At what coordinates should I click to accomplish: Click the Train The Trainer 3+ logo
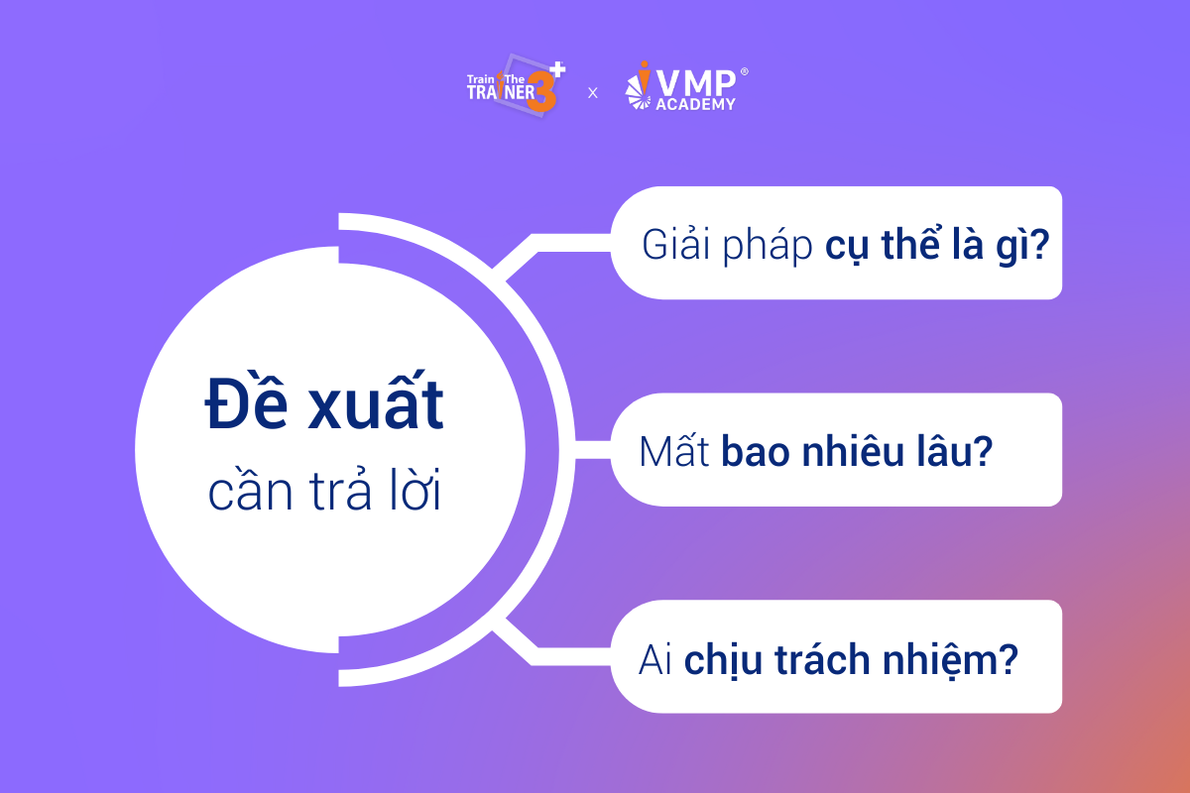516,85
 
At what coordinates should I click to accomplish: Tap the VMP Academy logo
686,86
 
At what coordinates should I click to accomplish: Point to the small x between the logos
593,93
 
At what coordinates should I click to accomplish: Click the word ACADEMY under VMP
695,104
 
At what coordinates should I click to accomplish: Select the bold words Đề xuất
324,401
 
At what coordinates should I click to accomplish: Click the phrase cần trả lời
324,491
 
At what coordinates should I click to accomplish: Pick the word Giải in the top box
675,244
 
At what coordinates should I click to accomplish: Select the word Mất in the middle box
674,450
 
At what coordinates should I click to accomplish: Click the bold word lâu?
954,451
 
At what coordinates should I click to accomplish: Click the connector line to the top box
536,243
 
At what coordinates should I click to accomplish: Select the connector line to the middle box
592,450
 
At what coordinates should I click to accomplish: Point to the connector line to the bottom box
536,656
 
